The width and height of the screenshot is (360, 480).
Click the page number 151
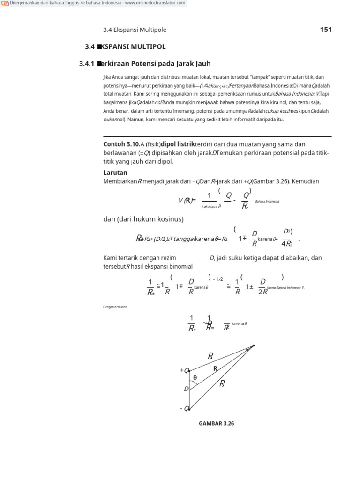[x=326, y=30]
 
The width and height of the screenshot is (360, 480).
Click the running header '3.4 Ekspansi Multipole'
[x=135, y=30]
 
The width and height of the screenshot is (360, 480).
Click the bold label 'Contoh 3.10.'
[x=121, y=144]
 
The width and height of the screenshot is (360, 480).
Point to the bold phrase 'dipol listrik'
[x=178, y=144]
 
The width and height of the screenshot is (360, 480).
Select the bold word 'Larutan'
[x=115, y=172]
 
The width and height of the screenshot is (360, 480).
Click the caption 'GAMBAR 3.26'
[x=216, y=423]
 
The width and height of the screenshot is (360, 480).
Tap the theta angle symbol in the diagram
[x=195, y=378]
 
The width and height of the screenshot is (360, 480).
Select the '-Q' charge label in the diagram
[x=184, y=409]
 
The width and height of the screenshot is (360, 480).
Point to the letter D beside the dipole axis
[x=186, y=389]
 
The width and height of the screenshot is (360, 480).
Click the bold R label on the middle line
[x=215, y=369]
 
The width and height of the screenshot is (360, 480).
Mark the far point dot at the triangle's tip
[x=254, y=345]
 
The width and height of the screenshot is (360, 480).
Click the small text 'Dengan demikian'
[x=115, y=307]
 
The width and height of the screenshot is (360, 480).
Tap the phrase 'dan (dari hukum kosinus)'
[x=143, y=219]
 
